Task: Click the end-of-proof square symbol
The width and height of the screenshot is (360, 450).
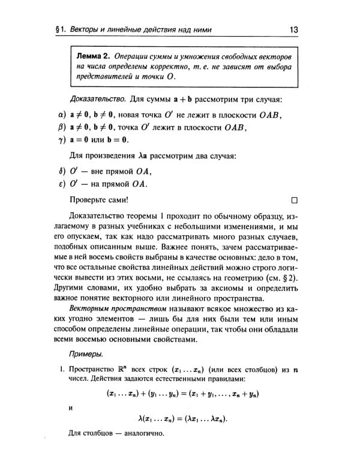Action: coord(294,199)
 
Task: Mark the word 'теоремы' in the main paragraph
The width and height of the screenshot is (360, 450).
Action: coord(151,215)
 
